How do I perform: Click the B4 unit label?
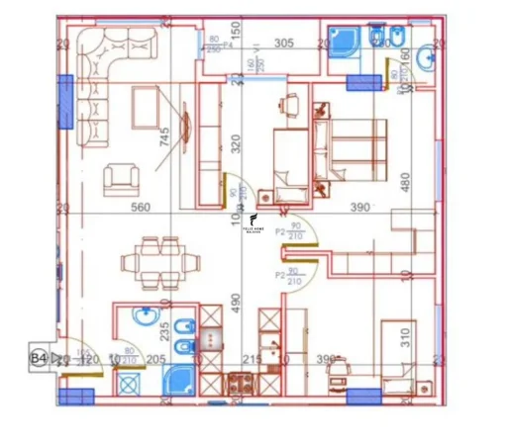(40, 358)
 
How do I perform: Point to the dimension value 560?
(141, 208)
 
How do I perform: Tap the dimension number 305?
(285, 43)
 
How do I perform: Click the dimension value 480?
(404, 183)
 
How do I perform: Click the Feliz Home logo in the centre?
(253, 223)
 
